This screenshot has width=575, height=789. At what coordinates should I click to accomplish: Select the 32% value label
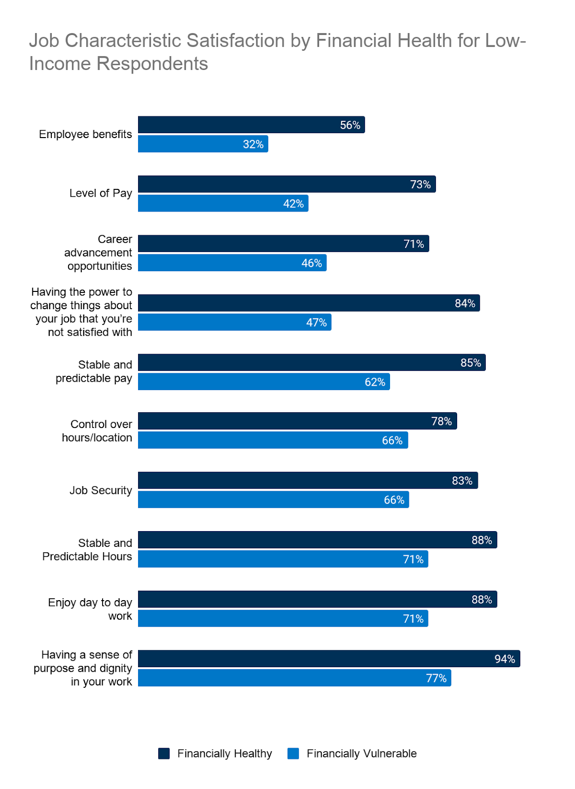click(253, 144)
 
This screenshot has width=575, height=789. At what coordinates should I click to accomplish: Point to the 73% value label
click(420, 184)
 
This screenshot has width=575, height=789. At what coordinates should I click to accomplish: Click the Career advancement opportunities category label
click(99, 252)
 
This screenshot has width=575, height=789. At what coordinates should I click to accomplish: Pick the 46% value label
click(312, 263)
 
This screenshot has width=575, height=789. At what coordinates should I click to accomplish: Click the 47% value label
click(316, 323)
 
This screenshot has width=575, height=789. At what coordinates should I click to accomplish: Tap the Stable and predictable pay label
click(94, 371)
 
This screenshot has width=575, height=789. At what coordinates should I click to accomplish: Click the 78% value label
click(441, 421)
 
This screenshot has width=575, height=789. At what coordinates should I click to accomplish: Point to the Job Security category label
click(101, 490)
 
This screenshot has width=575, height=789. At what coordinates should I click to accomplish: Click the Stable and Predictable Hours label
click(88, 549)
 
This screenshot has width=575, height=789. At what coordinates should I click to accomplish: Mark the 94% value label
click(504, 659)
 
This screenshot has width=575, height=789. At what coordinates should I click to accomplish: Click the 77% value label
click(436, 678)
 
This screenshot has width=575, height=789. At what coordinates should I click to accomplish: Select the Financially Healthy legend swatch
click(164, 753)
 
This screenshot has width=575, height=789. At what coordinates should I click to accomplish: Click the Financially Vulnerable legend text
click(361, 753)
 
